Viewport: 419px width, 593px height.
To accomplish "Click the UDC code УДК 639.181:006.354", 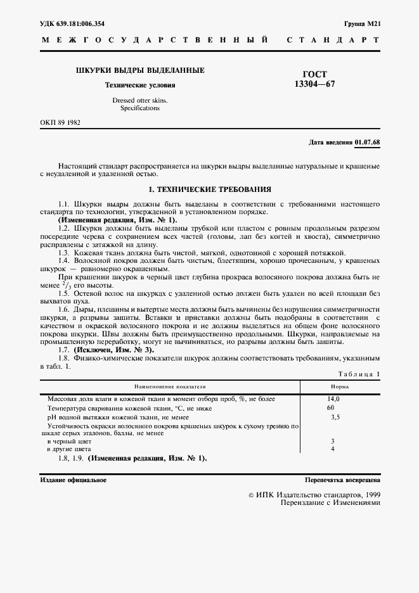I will click(x=72, y=23).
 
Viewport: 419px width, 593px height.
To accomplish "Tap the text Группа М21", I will click(x=362, y=23).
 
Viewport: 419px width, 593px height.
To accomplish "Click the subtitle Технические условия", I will click(x=139, y=85).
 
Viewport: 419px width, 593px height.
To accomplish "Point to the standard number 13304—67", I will click(x=315, y=84).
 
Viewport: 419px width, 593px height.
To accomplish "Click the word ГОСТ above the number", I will click(x=315, y=74).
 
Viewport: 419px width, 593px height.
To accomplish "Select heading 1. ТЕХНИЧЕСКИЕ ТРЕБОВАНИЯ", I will click(x=209, y=189).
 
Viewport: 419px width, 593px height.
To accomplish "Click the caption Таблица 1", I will click(x=359, y=374).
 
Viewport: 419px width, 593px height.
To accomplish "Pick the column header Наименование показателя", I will click(x=169, y=386).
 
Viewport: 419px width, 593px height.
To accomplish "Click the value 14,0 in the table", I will click(x=333, y=399).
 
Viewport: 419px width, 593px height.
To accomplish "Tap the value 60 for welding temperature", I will click(x=330, y=408).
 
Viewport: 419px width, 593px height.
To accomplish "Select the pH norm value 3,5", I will click(x=335, y=418).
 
